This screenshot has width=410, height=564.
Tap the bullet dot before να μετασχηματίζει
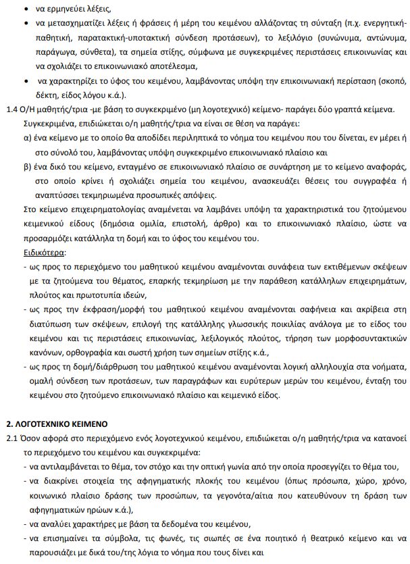pyautogui.click(x=26, y=24)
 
